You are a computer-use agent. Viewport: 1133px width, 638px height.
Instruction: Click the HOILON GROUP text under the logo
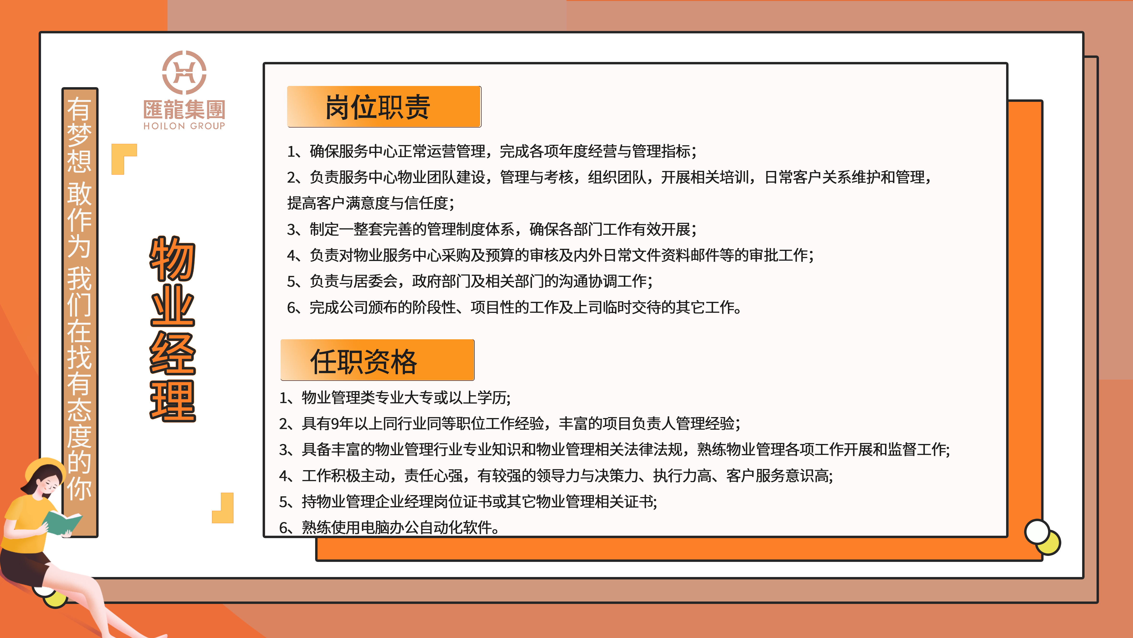pyautogui.click(x=184, y=126)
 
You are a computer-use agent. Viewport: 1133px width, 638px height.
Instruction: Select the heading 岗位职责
pyautogui.click(x=377, y=107)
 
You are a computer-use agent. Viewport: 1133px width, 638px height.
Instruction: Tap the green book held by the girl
pyautogui.click(x=62, y=523)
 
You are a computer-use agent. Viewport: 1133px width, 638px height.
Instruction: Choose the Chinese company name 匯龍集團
pyautogui.click(x=184, y=109)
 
